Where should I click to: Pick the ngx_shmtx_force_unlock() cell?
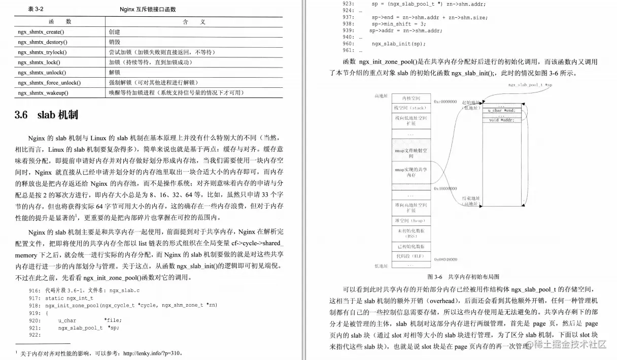click(x=49, y=83)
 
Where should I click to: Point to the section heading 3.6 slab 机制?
click(x=47, y=115)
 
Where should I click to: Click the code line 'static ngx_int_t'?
click(x=69, y=298)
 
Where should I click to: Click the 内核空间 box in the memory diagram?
click(x=411, y=97)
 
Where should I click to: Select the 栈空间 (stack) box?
click(x=411, y=108)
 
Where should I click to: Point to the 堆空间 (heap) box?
click(x=411, y=220)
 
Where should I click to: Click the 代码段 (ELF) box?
click(x=411, y=256)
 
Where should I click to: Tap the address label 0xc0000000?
click(x=445, y=102)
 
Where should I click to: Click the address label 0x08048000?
click(x=446, y=259)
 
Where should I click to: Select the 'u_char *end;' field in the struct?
click(x=502, y=110)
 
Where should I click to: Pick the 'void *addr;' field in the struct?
click(x=502, y=120)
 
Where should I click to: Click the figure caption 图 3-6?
click(x=435, y=277)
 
